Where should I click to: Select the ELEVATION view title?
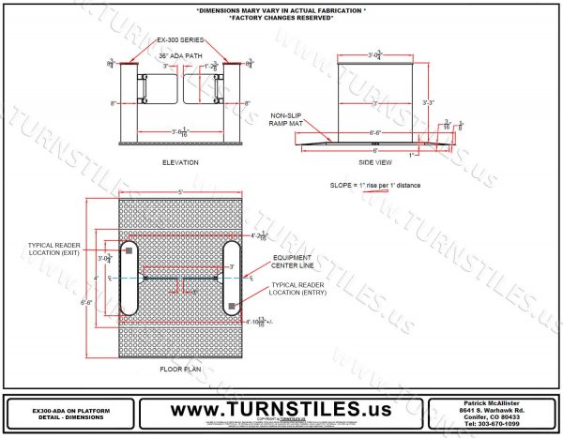(180, 162)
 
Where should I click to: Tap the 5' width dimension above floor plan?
(179, 194)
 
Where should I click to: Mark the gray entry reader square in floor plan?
(230, 306)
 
